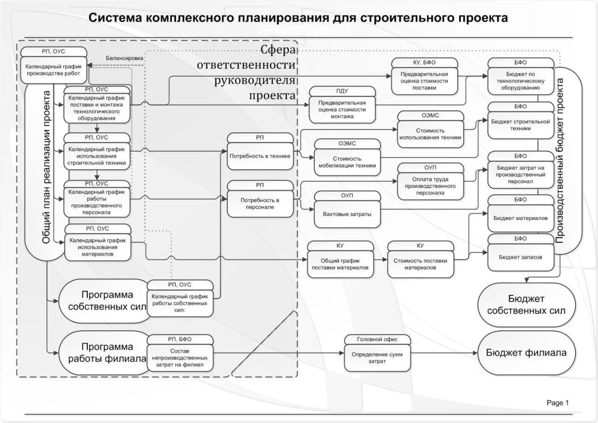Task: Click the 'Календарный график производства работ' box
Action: coord(53,70)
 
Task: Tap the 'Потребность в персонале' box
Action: coord(260,203)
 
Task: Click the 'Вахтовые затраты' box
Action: coord(347,213)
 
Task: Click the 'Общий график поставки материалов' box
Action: coord(341,264)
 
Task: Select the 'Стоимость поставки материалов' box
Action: coord(420,264)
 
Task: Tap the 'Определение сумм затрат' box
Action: coord(377,358)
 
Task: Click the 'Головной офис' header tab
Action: coord(377,339)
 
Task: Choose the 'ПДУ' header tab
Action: coord(342,91)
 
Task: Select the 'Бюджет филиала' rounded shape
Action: coord(526,352)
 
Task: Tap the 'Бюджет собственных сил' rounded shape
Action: coord(526,304)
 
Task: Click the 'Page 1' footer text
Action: coord(558,402)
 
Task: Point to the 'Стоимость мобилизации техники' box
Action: coord(347,162)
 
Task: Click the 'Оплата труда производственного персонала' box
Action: coord(430,183)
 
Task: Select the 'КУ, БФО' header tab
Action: coord(423,62)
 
